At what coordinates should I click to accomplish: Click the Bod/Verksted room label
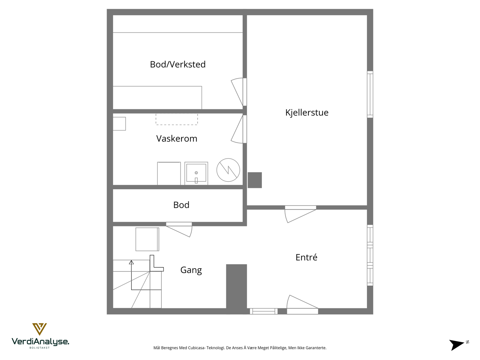pos(178,64)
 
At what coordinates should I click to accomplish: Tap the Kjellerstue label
pos(307,112)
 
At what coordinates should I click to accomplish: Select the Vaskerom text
pos(177,139)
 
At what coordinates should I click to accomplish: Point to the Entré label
pos(306,257)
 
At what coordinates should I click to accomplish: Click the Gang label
pos(191,270)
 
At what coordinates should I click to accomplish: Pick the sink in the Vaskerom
pos(196,173)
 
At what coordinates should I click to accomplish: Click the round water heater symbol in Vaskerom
pos(228,170)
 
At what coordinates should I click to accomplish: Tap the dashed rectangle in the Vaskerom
pos(177,119)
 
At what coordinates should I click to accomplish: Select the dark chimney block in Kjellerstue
pos(255,180)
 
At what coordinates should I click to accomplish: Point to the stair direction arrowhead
pos(131,262)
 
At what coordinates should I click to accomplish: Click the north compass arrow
pos(457,344)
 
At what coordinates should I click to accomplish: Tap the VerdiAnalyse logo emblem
pos(40,329)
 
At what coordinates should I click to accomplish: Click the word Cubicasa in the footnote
pos(196,348)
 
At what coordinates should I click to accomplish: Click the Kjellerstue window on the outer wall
pos(370,94)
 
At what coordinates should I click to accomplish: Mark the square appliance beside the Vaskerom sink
pos(169,173)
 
